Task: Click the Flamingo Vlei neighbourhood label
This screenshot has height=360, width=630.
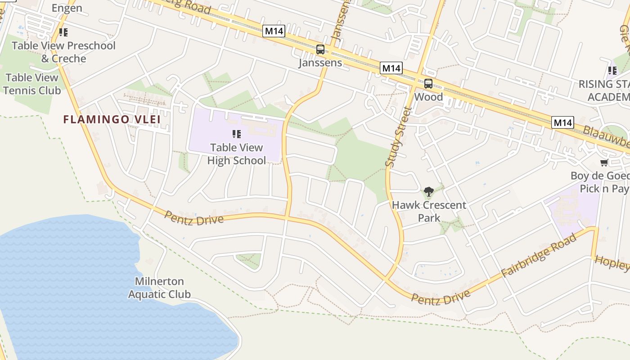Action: tap(112, 119)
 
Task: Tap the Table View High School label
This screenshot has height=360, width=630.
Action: tap(237, 154)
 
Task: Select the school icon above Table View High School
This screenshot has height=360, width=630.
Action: tap(237, 134)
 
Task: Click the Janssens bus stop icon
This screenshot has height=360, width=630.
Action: tap(320, 49)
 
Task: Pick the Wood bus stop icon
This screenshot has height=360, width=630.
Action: tap(428, 84)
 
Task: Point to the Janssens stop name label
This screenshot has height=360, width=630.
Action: tap(320, 63)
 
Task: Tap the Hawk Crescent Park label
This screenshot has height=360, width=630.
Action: tap(429, 211)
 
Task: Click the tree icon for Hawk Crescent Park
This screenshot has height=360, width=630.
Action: tap(429, 192)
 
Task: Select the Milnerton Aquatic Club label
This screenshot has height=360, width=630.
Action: tap(159, 288)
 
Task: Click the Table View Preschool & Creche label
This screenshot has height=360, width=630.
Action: tap(63, 52)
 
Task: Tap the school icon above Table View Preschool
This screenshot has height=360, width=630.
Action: tap(63, 32)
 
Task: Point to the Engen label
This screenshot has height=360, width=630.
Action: tap(67, 8)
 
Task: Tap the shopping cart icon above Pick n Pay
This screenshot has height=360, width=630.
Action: tap(604, 162)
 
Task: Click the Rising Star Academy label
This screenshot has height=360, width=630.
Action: tap(605, 90)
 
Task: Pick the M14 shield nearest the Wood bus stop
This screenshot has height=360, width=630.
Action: tap(391, 68)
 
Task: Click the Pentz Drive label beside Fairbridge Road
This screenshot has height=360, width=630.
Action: tap(441, 297)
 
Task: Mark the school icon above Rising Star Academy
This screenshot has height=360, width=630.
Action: tap(612, 70)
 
